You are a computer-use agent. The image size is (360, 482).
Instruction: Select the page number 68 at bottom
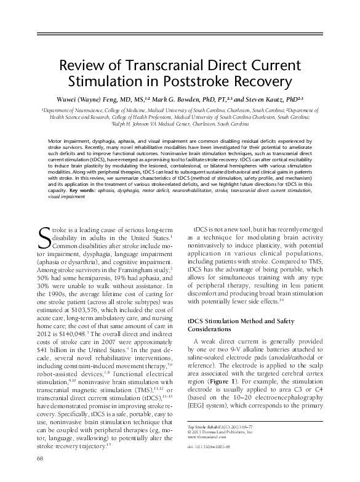41,475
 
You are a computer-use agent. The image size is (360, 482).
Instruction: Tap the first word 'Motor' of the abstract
56,141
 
